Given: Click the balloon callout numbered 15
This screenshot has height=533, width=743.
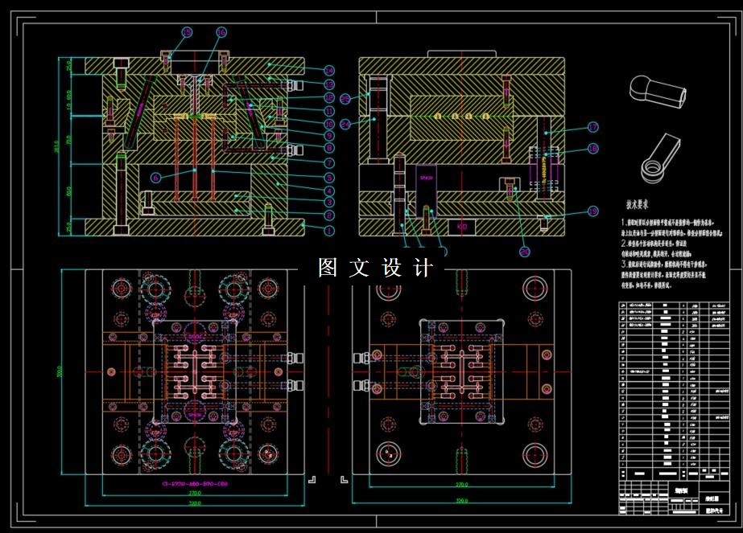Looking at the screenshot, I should tap(187, 33).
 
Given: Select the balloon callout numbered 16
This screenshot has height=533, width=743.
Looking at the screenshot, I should tap(221, 33).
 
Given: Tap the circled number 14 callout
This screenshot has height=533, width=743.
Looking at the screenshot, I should tap(329, 71).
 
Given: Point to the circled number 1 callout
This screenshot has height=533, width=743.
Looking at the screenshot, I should tap(329, 230).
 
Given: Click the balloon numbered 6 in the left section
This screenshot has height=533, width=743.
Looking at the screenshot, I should tap(155, 178).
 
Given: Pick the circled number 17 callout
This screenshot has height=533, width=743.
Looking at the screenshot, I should tap(592, 127).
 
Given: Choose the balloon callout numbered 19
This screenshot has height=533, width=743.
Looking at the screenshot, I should tap(592, 211).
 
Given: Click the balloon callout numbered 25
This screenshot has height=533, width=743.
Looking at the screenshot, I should tap(345, 99).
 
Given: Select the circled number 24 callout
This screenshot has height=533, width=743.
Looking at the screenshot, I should tap(345, 124).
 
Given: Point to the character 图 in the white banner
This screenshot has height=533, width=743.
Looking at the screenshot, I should tap(328, 268).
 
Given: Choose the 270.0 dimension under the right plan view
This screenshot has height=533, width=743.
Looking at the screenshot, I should tap(462, 485).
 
